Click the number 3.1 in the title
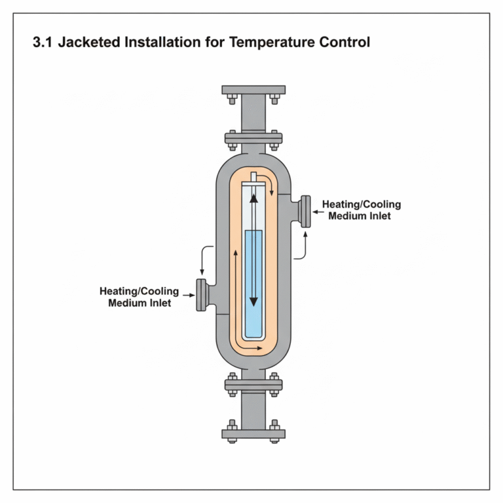pyautogui.click(x=44, y=44)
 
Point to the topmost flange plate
pyautogui.click(x=253, y=89)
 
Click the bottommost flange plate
pyautogui.click(x=253, y=433)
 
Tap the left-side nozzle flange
pyautogui.click(x=201, y=295)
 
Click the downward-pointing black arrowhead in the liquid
pyautogui.click(x=253, y=303)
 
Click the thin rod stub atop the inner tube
pyautogui.click(x=253, y=179)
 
